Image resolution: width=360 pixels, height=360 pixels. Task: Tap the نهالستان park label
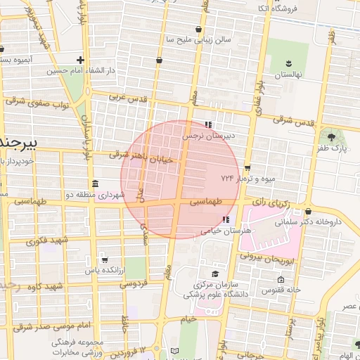coord(288,75)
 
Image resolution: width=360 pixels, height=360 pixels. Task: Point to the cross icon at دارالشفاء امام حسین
coord(81,60)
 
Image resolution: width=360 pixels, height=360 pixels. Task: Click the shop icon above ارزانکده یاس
coord(105,259)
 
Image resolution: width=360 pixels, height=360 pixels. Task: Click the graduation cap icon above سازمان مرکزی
coord(214,274)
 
